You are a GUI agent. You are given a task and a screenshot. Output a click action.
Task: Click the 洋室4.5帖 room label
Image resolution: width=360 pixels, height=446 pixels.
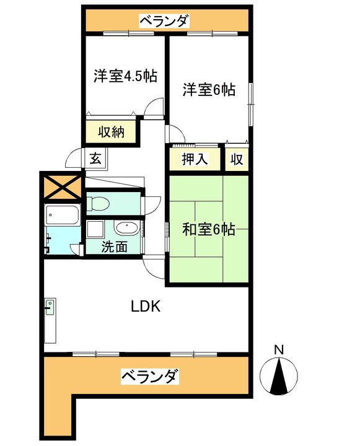[x=125, y=77]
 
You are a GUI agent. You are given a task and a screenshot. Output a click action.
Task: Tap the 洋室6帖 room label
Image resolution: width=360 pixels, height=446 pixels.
[x=209, y=90]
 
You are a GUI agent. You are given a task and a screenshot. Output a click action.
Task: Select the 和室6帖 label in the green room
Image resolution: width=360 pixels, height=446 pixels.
[x=209, y=229]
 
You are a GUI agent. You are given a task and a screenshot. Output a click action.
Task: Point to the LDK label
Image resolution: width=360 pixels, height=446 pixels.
[x=146, y=306]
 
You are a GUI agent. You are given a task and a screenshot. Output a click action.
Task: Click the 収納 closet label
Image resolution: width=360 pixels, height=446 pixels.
[x=112, y=132]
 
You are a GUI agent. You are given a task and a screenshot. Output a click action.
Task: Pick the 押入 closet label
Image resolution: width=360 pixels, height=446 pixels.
[x=194, y=159]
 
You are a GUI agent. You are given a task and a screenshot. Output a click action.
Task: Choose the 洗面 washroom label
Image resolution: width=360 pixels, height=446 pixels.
[x=115, y=247]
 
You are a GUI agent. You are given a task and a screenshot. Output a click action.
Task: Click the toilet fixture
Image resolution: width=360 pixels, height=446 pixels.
[x=99, y=203]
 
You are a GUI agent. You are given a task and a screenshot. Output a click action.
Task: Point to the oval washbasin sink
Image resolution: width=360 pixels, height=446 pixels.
[x=126, y=228]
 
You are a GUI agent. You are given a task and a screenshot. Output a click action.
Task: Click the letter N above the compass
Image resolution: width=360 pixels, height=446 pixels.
[x=279, y=349]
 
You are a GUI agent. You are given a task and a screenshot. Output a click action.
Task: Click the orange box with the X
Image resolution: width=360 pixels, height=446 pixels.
[x=62, y=186]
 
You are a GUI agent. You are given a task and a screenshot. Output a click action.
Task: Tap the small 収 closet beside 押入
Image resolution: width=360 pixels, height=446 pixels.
[x=236, y=159]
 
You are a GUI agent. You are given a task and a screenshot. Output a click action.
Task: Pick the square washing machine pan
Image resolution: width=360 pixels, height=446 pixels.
[x=96, y=230]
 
